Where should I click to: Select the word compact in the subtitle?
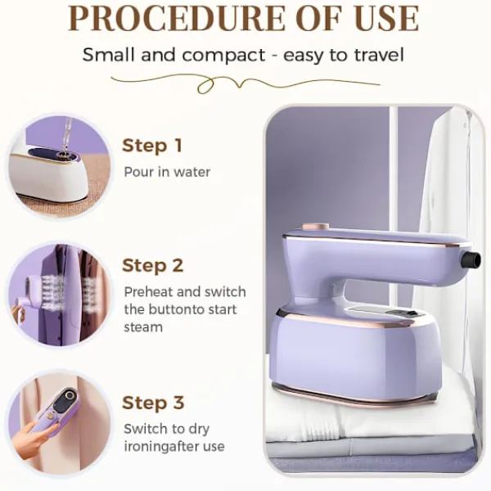(224, 55)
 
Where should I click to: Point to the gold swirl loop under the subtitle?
(205, 85)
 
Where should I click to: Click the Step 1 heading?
(152, 146)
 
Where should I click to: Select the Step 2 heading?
(152, 265)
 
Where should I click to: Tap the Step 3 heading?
(153, 403)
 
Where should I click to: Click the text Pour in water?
(167, 172)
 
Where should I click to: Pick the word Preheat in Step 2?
(148, 292)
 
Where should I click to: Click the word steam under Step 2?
(143, 327)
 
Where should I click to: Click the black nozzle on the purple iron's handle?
(471, 259)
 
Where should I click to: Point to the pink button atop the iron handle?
(315, 227)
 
